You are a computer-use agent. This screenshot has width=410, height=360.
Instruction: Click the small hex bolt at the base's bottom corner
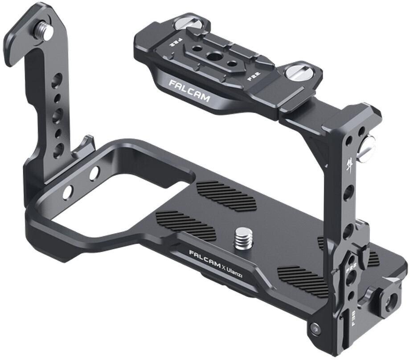pos(315,329)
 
